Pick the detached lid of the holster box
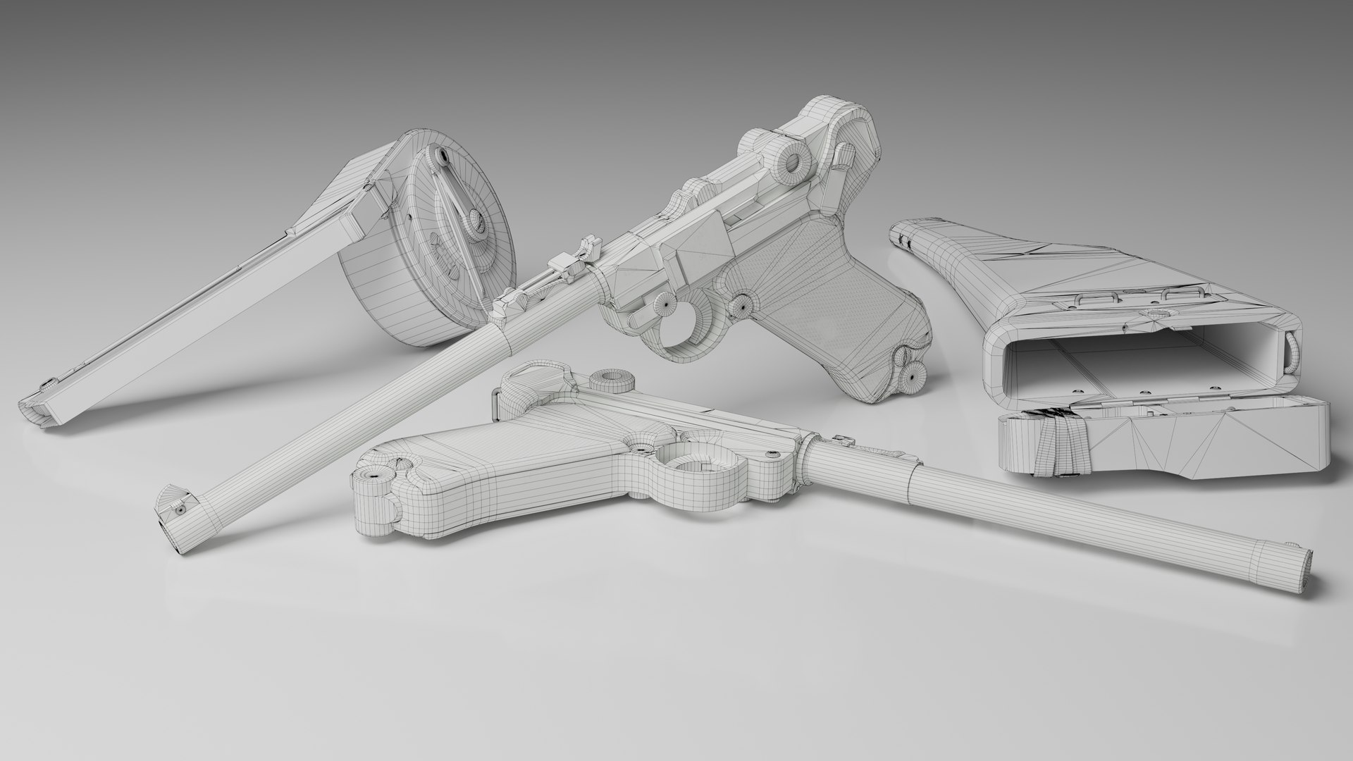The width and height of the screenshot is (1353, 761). [x=1163, y=444]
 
